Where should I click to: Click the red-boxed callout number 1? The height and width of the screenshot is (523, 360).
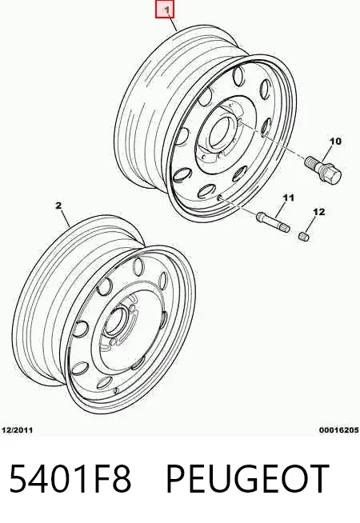click(x=165, y=10)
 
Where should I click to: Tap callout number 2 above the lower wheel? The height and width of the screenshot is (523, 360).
click(x=58, y=206)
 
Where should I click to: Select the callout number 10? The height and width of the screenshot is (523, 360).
click(x=335, y=142)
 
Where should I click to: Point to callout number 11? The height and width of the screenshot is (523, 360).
click(x=288, y=198)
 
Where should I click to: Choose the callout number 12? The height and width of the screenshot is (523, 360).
click(x=318, y=212)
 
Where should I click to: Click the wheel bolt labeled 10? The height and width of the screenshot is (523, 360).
click(x=322, y=169)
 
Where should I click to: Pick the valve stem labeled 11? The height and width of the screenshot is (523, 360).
click(x=273, y=222)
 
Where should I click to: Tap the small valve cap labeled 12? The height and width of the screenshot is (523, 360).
click(x=304, y=236)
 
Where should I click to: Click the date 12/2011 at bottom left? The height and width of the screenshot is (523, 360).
click(x=18, y=430)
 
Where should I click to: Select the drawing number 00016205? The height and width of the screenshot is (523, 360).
click(x=338, y=430)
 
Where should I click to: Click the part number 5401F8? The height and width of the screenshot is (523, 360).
click(x=70, y=478)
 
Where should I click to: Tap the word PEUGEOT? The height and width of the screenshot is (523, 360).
click(x=247, y=478)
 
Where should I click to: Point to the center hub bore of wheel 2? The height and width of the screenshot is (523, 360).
click(x=114, y=321)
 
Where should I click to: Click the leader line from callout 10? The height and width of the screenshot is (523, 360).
click(x=326, y=153)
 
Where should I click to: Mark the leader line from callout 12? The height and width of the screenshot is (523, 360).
click(x=310, y=225)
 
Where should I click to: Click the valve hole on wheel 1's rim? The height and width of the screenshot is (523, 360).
click(x=219, y=198)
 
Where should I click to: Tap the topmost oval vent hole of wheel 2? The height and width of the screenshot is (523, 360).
click(x=138, y=267)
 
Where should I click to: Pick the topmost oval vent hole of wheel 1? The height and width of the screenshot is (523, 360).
click(x=238, y=76)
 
